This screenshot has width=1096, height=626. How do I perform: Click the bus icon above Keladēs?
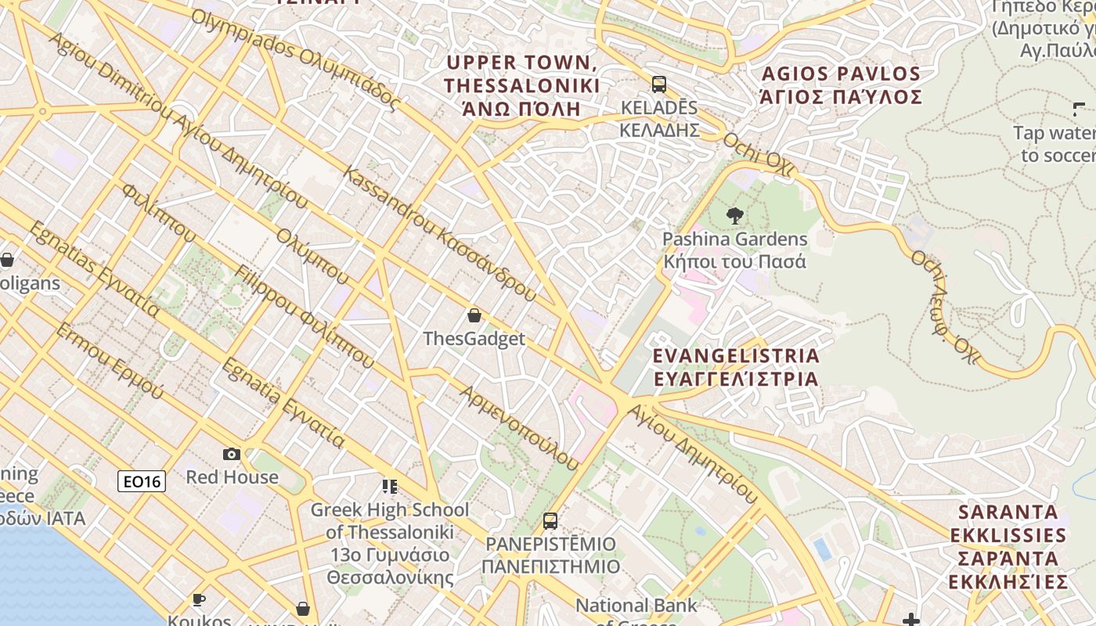659,84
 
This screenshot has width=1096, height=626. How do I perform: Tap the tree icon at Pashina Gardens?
734,216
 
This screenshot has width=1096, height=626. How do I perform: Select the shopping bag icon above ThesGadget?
474,316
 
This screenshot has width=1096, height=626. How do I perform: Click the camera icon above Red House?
232,454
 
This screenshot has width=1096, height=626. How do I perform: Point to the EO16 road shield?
142,481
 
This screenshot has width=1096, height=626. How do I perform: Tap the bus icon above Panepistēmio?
550,520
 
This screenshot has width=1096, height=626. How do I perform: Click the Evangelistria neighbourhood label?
736,367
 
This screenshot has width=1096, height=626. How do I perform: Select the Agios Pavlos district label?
841,85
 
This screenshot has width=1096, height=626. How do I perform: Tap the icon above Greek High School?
390,487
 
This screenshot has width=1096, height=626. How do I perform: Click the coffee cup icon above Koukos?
199,600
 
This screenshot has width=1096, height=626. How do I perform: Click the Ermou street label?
109,360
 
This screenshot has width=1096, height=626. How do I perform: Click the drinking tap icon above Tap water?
1079,110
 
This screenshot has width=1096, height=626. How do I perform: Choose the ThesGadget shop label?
474,339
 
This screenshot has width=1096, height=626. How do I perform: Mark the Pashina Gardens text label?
734,250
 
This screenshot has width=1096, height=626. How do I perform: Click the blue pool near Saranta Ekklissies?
822,549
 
